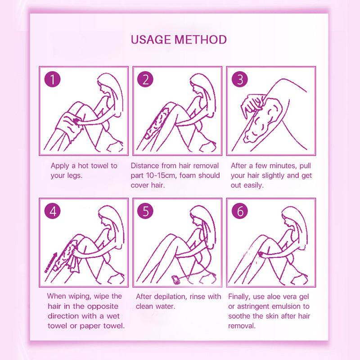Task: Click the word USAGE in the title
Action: click(151, 40)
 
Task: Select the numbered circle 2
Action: click(146, 80)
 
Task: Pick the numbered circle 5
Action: click(146, 211)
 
